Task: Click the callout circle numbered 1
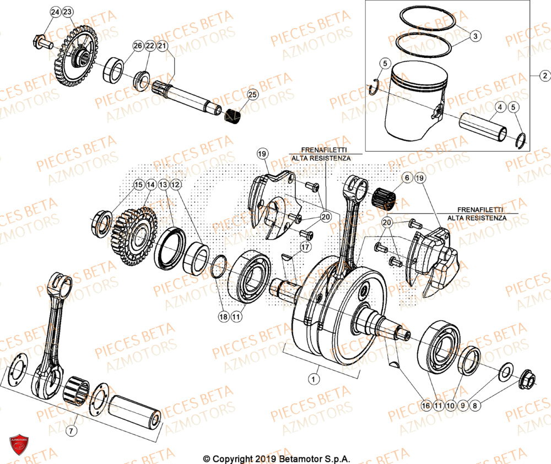(x=313, y=379)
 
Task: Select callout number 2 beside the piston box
(x=544, y=75)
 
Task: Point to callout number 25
(x=252, y=95)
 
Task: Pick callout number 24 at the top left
(x=55, y=12)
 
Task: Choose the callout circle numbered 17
(x=304, y=247)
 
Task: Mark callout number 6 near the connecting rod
(x=407, y=178)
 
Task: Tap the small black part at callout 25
(x=235, y=117)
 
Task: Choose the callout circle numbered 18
(x=223, y=317)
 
